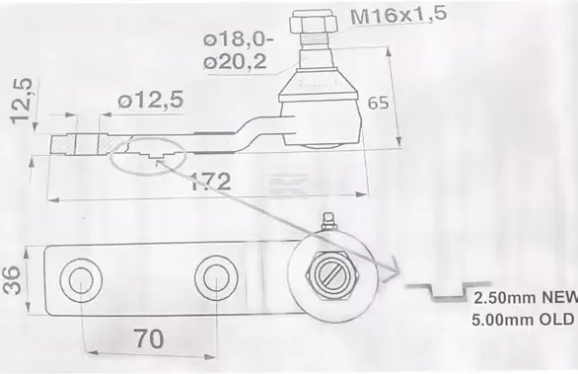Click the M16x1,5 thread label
[x=398, y=15]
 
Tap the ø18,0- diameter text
[x=239, y=39]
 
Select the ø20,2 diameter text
[x=235, y=61]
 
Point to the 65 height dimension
[x=378, y=103]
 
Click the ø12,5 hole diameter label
[x=150, y=100]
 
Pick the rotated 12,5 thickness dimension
[x=22, y=101]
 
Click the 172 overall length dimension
[x=210, y=182]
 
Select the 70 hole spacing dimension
[x=149, y=338]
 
